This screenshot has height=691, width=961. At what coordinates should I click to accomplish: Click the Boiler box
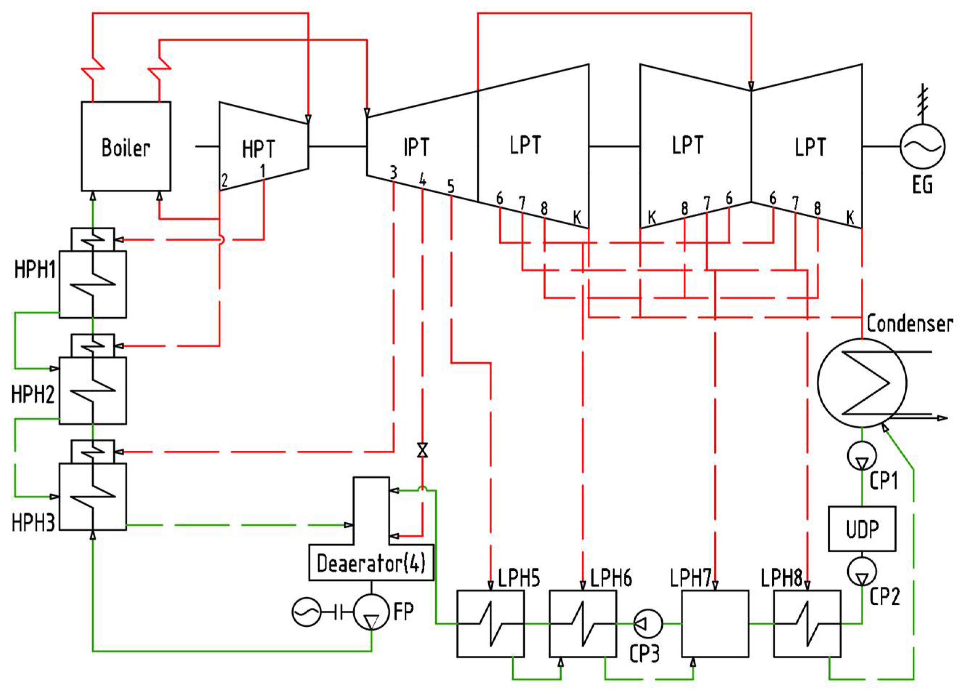[126, 146]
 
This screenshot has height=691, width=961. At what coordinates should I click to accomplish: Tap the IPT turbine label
[416, 147]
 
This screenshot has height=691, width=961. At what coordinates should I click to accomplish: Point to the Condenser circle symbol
[861, 383]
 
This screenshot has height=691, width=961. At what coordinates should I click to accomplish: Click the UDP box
[862, 529]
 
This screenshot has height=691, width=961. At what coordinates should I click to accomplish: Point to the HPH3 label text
[33, 523]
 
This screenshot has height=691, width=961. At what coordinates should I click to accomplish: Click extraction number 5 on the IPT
[451, 186]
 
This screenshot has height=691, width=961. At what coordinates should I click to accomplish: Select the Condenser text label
[909, 324]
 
